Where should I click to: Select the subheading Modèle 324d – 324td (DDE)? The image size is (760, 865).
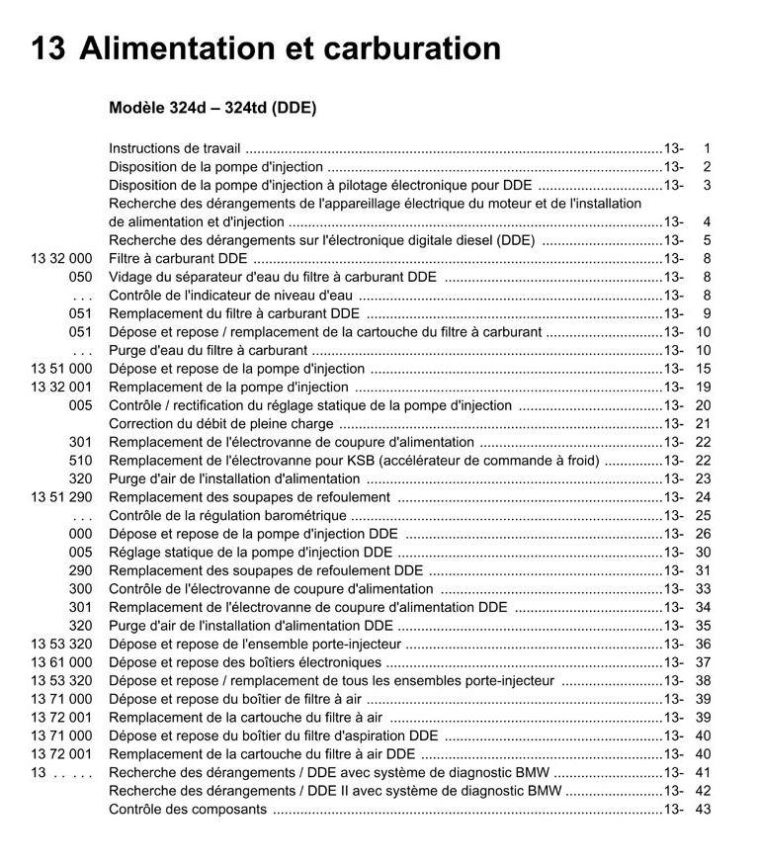point(212,108)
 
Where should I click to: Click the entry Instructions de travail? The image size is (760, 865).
point(174,148)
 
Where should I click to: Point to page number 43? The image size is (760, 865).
point(703,809)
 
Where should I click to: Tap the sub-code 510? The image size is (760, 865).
point(80,461)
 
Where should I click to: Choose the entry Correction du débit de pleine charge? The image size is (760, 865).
point(221,424)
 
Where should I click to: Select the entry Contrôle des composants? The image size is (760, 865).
point(188,809)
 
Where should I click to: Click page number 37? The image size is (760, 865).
point(703,662)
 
